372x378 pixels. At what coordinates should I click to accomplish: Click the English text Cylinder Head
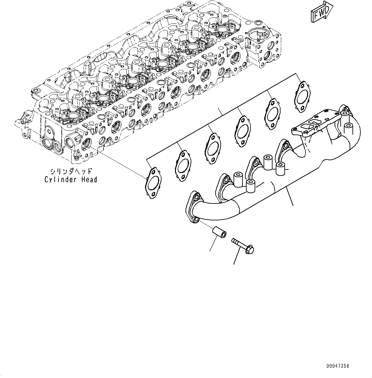click(x=71, y=180)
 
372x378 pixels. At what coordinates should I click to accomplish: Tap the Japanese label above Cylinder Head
click(x=71, y=171)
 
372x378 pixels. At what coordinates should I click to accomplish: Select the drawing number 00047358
click(x=338, y=366)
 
